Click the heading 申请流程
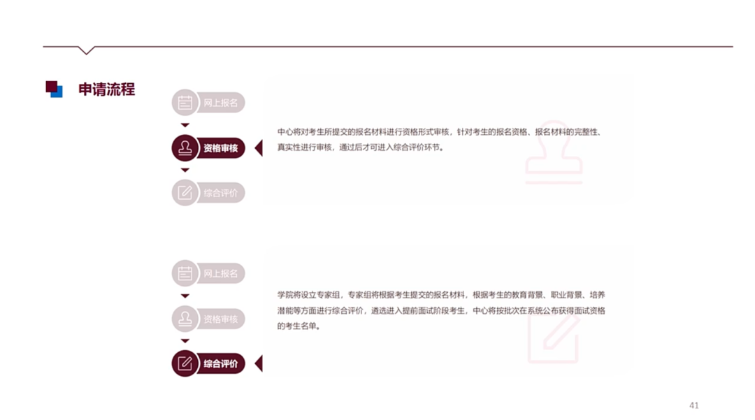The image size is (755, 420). (x=106, y=89)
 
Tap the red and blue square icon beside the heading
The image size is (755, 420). (x=54, y=89)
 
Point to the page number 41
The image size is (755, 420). (x=693, y=405)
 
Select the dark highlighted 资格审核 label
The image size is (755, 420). (x=221, y=148)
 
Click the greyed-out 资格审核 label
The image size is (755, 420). (x=221, y=319)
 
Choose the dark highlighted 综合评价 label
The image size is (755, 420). (x=221, y=363)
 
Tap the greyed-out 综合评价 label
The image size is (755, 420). (x=221, y=193)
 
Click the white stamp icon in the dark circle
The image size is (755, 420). (x=185, y=148)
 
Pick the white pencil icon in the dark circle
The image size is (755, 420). (x=185, y=363)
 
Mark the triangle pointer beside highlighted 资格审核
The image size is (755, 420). (x=259, y=148)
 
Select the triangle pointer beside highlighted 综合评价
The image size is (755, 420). (x=259, y=363)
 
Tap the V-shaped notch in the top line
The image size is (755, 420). (x=86, y=50)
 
